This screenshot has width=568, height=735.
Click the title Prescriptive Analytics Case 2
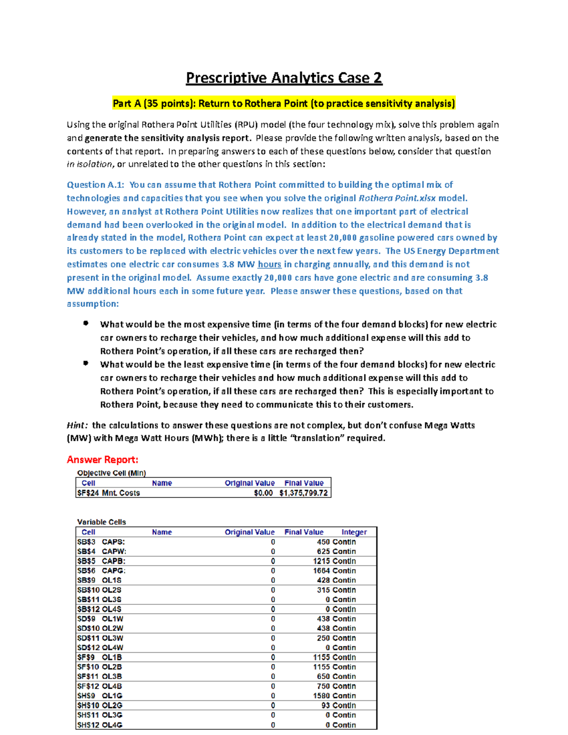coord(284,78)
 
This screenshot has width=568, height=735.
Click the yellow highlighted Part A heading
coord(284,104)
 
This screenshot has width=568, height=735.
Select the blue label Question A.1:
coord(95,185)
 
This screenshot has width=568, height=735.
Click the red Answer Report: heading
coord(102,460)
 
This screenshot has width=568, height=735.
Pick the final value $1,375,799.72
coord(303,493)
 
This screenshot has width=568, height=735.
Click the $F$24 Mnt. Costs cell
coord(108,493)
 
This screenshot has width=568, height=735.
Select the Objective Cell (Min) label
coord(111,473)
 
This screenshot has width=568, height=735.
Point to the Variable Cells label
coord(101,522)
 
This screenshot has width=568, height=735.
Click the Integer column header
coord(354,532)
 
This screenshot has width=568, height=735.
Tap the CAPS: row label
coord(113,542)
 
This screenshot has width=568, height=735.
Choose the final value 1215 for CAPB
coord(321,561)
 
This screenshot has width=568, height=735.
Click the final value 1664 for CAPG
coord(321,571)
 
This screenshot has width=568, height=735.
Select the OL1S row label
coord(112,580)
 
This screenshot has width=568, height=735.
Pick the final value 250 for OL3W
coord(323,638)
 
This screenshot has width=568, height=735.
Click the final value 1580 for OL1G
coord(321,696)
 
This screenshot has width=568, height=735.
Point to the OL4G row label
coord(112,725)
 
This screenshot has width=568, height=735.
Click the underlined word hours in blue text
coord(269,265)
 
